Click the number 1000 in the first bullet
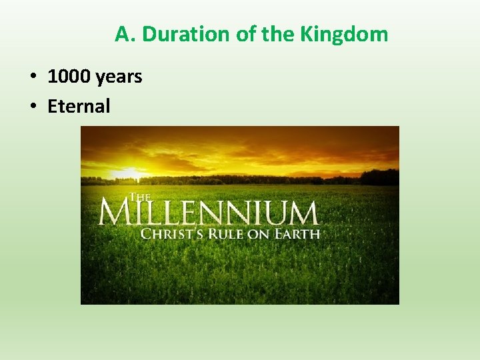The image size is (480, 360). click(x=69, y=77)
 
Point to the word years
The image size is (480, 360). click(x=119, y=77)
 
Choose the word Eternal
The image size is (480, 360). click(x=79, y=105)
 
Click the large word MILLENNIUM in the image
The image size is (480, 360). click(x=208, y=213)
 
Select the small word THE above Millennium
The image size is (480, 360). click(x=140, y=197)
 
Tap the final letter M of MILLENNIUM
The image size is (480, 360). click(x=303, y=213)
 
